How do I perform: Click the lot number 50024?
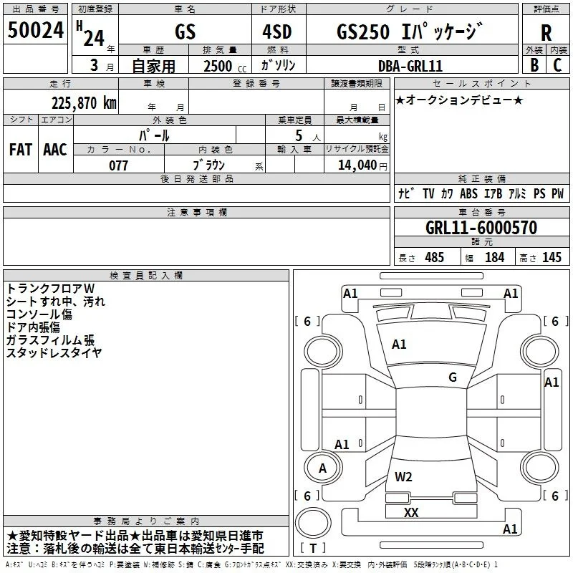[35, 30]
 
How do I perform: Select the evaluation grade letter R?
[546, 33]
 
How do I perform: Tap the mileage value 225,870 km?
[84, 103]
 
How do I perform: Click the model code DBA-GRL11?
[410, 66]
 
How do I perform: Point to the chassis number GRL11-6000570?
[481, 228]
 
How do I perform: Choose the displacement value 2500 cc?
[225, 66]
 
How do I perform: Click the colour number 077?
[118, 165]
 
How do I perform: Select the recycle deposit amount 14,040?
[357, 165]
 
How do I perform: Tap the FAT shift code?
[21, 150]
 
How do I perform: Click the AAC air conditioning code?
[55, 150]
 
